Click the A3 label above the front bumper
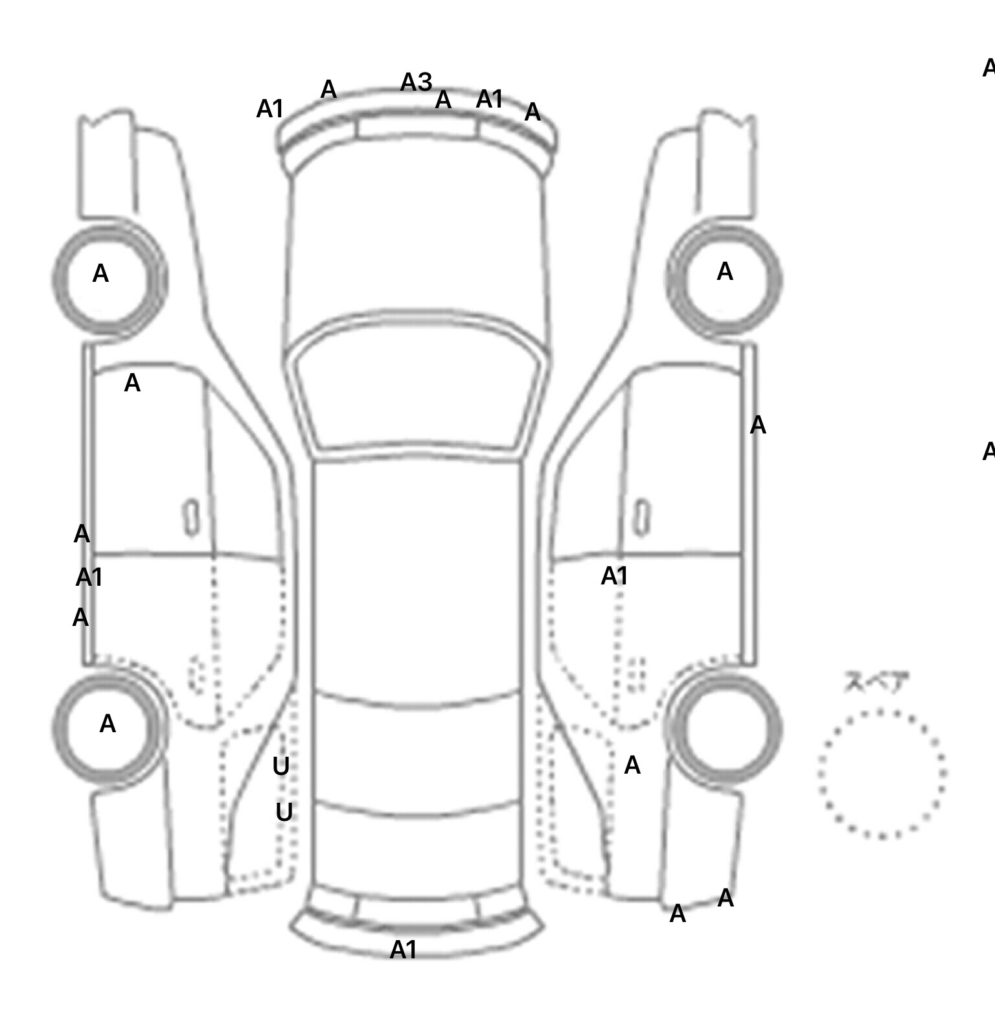[x=416, y=82]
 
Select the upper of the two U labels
[x=280, y=767]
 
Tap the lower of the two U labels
[x=284, y=812]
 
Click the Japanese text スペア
[x=867, y=682]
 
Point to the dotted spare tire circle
[x=882, y=773]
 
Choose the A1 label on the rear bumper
[x=403, y=950]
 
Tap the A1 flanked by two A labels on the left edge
[x=89, y=577]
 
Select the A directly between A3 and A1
[x=443, y=100]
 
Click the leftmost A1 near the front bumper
[x=269, y=109]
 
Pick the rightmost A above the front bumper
[x=532, y=112]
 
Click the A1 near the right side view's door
[x=614, y=575]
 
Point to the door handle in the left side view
[x=192, y=518]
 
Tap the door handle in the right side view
[x=642, y=518]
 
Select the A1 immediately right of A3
[x=489, y=99]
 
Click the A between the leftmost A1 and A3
[x=328, y=89]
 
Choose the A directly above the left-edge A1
[x=82, y=534]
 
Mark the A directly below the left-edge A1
[x=80, y=618]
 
